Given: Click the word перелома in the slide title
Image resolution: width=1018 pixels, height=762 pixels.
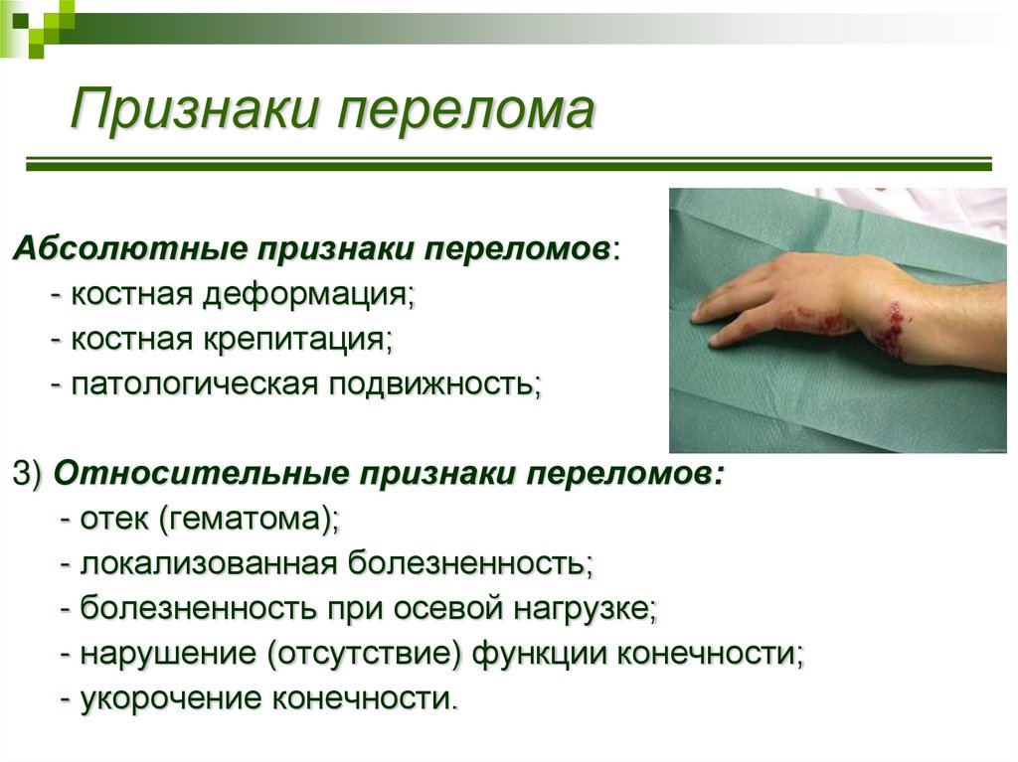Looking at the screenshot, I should (x=465, y=111).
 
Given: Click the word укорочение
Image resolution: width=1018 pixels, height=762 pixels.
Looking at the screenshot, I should (x=170, y=698).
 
